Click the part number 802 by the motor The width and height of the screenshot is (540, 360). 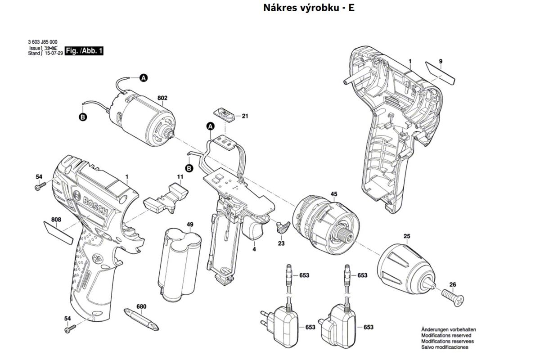(162, 98)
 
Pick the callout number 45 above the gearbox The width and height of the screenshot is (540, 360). (334, 194)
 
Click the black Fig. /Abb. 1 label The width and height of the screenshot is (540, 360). (84, 51)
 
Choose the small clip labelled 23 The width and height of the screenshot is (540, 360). (282, 226)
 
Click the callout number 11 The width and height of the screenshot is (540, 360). (180, 177)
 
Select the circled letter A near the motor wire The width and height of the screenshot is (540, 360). (143, 78)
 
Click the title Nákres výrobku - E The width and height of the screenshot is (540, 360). (309, 8)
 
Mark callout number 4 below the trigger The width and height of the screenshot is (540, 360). (254, 249)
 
